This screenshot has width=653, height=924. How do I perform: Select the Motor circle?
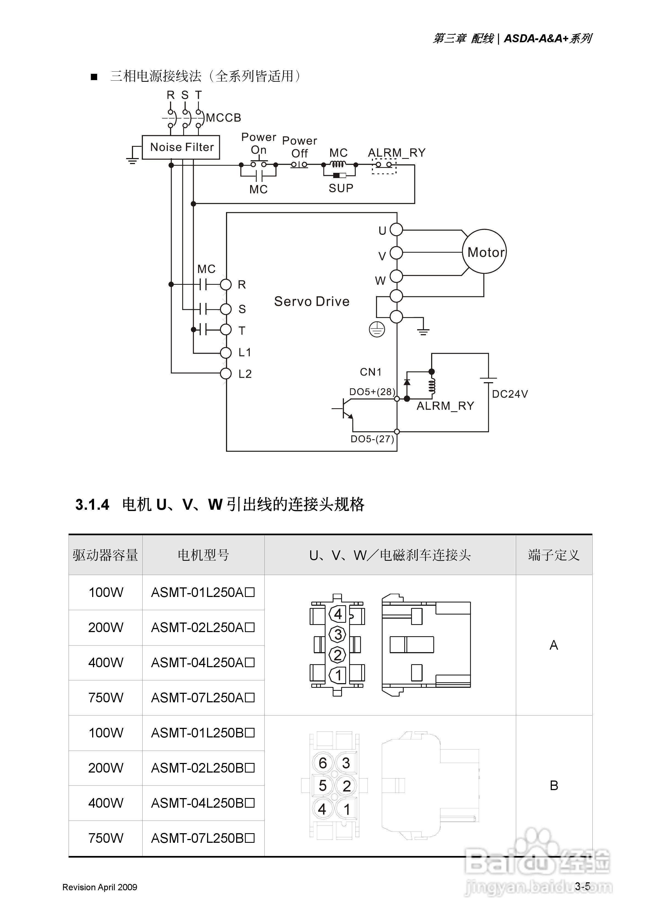pyautogui.click(x=484, y=252)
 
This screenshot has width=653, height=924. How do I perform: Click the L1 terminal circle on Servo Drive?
pyautogui.click(x=226, y=353)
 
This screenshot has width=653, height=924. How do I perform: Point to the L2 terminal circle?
pyautogui.click(x=226, y=373)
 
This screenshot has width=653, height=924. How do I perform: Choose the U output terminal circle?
pyautogui.click(x=396, y=230)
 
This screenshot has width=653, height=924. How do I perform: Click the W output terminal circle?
pyautogui.click(x=396, y=276)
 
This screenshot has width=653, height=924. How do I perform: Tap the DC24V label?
pyautogui.click(x=510, y=394)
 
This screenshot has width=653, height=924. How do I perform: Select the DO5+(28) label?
pyautogui.click(x=372, y=391)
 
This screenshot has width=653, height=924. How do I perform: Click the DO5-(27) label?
pyautogui.click(x=372, y=439)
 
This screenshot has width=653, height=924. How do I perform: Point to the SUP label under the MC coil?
pyautogui.click(x=341, y=188)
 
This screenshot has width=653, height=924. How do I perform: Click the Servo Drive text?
pyautogui.click(x=312, y=302)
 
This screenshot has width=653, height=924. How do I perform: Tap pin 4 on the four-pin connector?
pyautogui.click(x=338, y=614)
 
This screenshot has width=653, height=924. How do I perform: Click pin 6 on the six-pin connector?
pyautogui.click(x=323, y=763)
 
